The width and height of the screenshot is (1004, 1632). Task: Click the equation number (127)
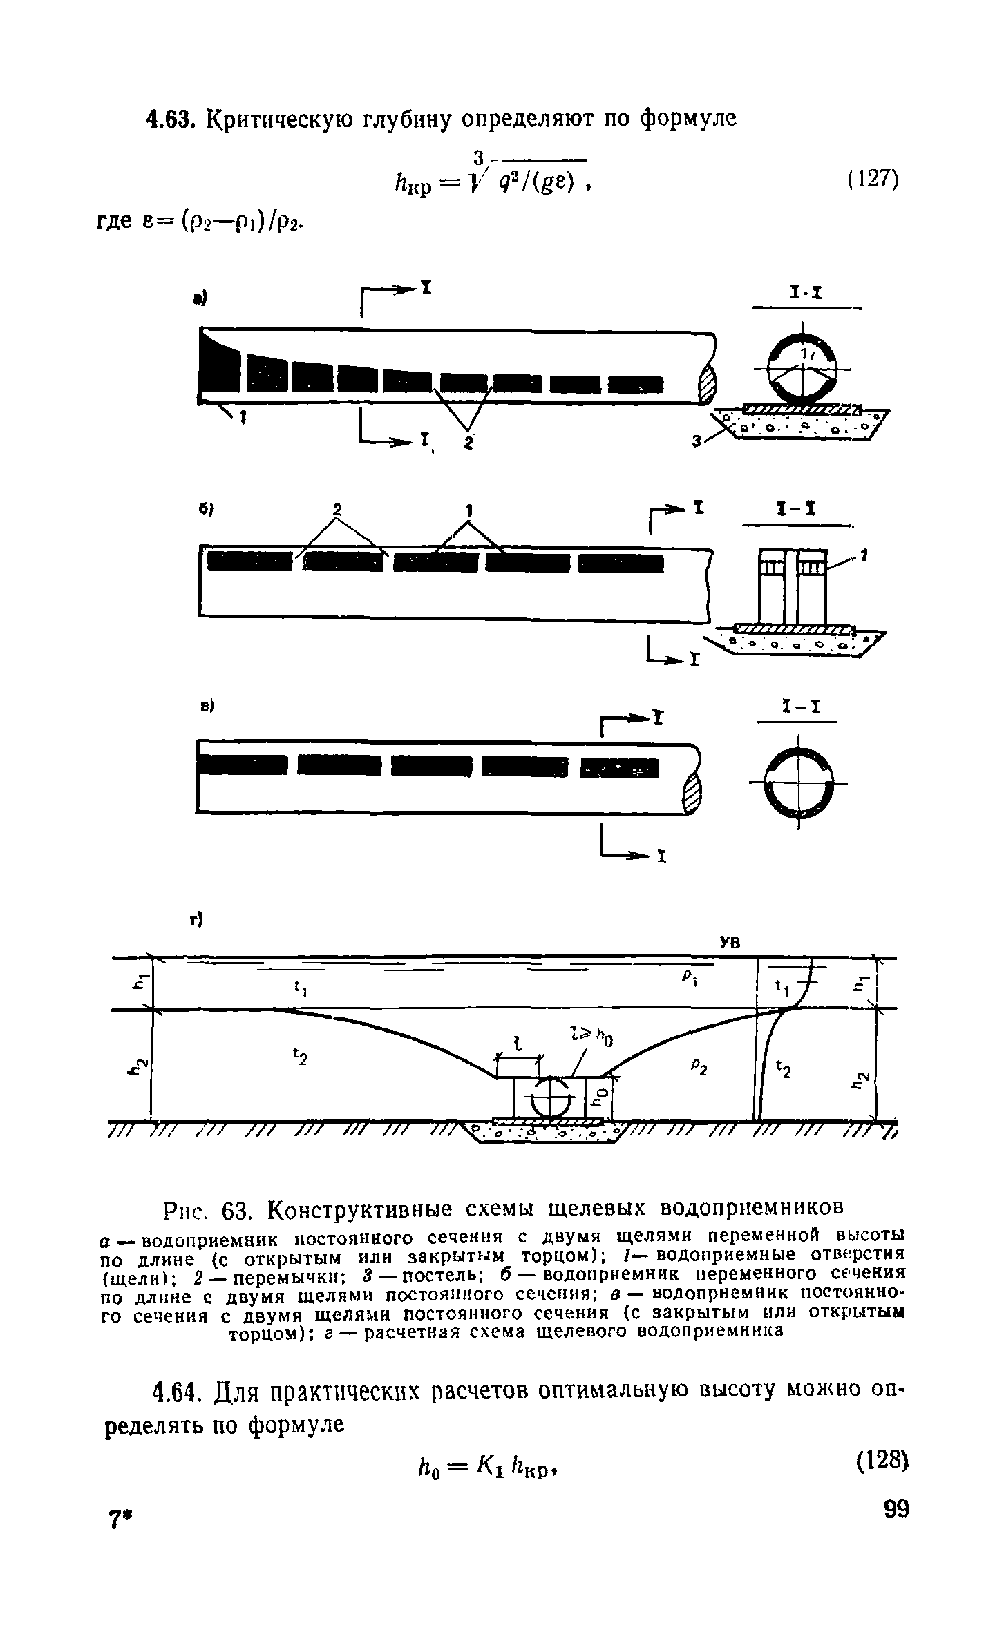tap(872, 182)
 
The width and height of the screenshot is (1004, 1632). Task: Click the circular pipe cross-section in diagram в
tap(798, 783)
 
